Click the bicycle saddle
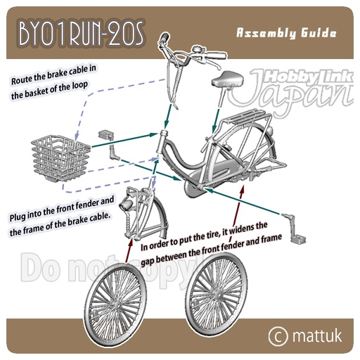point(227,79)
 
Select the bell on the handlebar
point(198,51)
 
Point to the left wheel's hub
point(117,305)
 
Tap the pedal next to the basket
point(109,145)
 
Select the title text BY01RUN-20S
point(81,34)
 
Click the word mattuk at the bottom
point(317,335)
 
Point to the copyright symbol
point(278,336)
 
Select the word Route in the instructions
point(20,80)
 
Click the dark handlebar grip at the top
point(165,37)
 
